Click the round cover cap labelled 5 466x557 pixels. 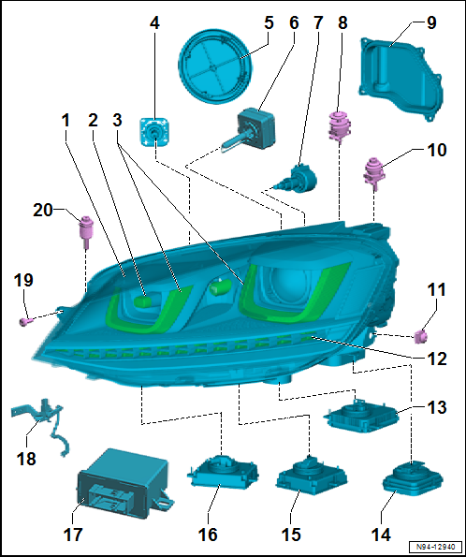pos(214,66)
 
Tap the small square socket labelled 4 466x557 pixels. pos(154,131)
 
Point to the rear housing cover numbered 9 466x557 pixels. pos(401,78)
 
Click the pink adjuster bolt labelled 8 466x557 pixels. pos(340,126)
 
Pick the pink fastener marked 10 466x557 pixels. pos(373,170)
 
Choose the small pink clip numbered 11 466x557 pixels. pos(421,336)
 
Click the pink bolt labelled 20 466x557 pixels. pos(85,230)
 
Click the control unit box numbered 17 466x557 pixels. pos(123,485)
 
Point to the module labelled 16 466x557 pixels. pos(223,471)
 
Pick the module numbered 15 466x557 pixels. pos(311,476)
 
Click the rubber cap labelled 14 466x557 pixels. pos(413,477)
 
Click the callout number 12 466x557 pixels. pos(437,359)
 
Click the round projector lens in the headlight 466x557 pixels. pos(287,285)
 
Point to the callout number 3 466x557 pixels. pos(117,121)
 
